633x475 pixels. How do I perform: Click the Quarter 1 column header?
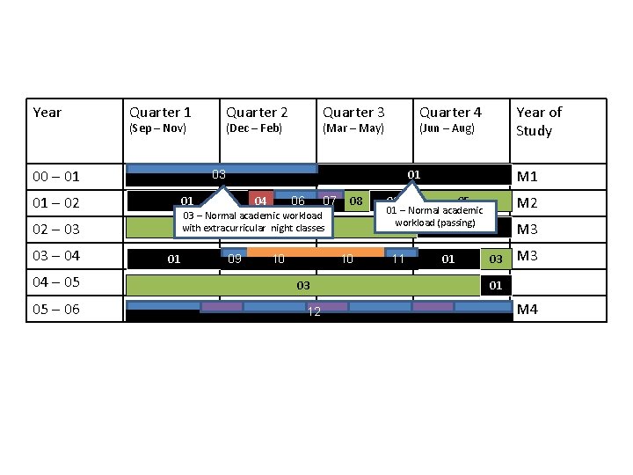(160, 113)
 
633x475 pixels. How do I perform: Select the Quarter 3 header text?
(353, 113)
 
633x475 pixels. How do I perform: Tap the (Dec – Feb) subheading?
(254, 128)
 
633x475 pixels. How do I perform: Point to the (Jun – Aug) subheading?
(447, 128)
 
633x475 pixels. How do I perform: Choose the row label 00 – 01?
(56, 177)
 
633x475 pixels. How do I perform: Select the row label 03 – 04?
(56, 256)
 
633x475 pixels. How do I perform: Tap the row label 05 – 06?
(56, 310)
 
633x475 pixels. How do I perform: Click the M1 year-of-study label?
(528, 177)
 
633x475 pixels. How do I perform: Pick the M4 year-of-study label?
(528, 310)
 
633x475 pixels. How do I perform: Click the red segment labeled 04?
(260, 201)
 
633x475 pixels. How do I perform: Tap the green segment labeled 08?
(356, 201)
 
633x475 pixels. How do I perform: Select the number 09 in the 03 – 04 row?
(235, 259)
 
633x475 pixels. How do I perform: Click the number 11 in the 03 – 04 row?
(398, 259)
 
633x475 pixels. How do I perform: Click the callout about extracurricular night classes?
(253, 222)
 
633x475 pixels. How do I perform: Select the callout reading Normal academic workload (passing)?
(435, 216)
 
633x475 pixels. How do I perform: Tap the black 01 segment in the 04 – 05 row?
(496, 286)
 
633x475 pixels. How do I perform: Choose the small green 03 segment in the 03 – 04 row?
(496, 259)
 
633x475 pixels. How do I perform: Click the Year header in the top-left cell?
(47, 113)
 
